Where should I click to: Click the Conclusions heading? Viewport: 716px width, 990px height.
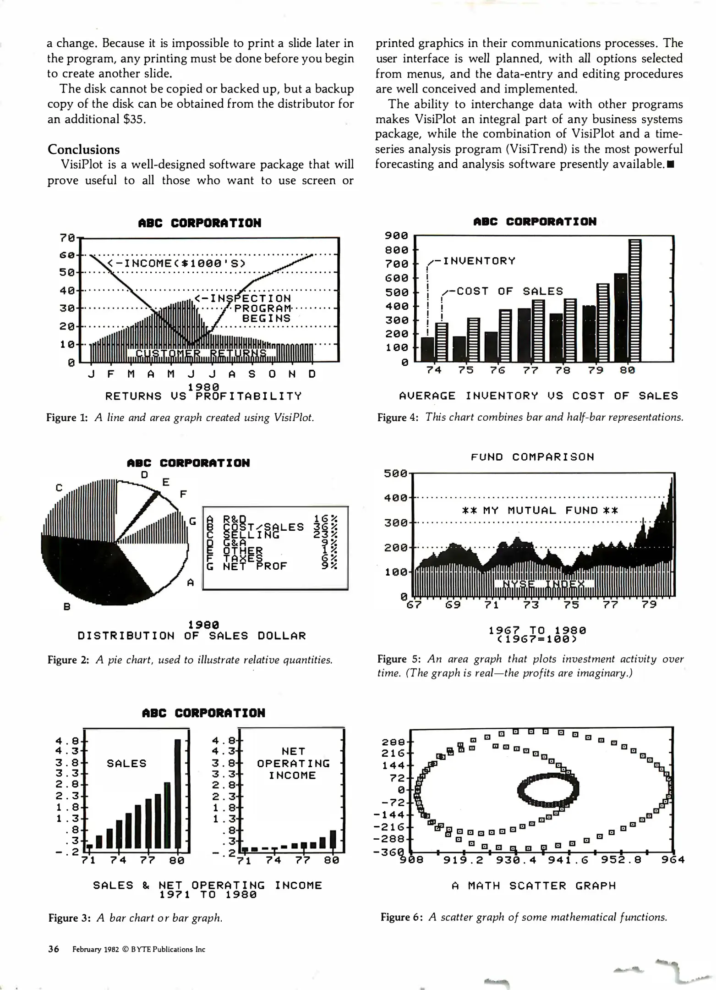pos(83,149)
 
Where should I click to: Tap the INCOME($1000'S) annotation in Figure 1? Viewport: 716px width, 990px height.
pos(177,263)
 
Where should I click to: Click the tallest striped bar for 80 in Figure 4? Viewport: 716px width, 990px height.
pos(634,300)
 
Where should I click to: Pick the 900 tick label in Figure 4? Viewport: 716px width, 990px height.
pos(396,236)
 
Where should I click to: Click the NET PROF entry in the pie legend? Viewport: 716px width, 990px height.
pos(255,566)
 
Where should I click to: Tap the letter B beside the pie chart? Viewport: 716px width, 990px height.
pos(67,607)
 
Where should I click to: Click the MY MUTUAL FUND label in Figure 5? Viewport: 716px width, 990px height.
pos(540,510)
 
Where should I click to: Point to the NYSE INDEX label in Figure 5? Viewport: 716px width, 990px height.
pos(543,584)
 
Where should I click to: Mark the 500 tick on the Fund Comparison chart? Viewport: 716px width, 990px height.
pos(395,473)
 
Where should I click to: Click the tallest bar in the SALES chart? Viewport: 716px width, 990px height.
pos(178,793)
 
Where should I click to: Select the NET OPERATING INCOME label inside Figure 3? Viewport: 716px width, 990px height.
pos(293,763)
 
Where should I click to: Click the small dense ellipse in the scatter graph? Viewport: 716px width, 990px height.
pos(548,789)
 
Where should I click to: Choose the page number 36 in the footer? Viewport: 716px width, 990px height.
pos(54,949)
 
